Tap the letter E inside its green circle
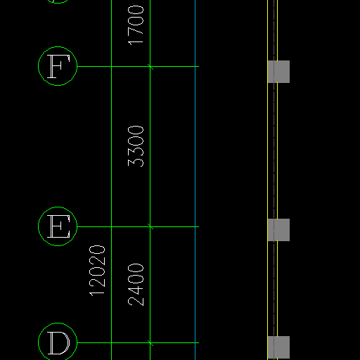(58, 226)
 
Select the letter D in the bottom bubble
(59, 343)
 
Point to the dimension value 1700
(136, 25)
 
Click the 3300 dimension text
(136, 146)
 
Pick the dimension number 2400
(136, 285)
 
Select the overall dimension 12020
(97, 271)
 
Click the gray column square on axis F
(278, 72)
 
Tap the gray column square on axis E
(278, 230)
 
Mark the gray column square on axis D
(278, 347)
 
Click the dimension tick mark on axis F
(150, 67)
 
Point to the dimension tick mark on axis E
(150, 226)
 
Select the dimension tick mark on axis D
(150, 342)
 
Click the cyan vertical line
(195, 180)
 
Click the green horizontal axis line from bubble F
(138, 67)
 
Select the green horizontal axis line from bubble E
(138, 226)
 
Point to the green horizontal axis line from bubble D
(138, 342)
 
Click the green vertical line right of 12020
(111, 180)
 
